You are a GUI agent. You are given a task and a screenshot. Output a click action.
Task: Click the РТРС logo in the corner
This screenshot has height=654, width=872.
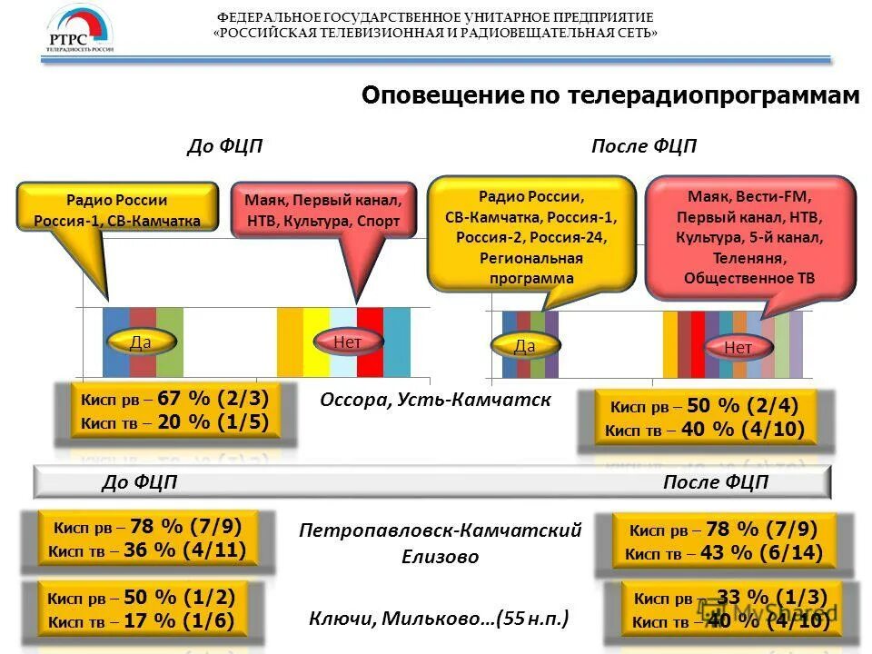pyautogui.click(x=80, y=32)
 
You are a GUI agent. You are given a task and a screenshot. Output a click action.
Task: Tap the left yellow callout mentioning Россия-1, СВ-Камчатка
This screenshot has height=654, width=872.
pyautogui.click(x=117, y=210)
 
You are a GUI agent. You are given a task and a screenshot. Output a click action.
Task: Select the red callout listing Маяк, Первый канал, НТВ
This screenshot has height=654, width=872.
pyautogui.click(x=322, y=210)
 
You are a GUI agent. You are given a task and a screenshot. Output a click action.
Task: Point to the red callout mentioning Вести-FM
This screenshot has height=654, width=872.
pyautogui.click(x=750, y=236)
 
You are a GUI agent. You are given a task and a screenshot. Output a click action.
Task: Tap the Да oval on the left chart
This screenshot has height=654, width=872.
pyautogui.click(x=140, y=342)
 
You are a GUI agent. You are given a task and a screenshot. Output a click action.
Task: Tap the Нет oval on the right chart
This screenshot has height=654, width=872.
pyautogui.click(x=738, y=347)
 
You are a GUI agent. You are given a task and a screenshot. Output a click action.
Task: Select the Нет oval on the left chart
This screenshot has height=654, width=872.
pyautogui.click(x=347, y=342)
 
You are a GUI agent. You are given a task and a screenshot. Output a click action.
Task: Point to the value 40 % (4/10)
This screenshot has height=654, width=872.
pyautogui.click(x=742, y=430)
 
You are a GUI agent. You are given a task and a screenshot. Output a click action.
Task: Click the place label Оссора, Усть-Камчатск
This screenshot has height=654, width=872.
pyautogui.click(x=435, y=401)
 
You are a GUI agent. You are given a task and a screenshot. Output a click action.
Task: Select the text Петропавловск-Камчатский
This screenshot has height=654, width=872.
pyautogui.click(x=440, y=530)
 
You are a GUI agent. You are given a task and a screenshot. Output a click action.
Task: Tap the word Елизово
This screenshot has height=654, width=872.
pyautogui.click(x=440, y=557)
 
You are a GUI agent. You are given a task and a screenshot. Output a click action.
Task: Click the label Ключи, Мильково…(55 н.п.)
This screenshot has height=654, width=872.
pyautogui.click(x=440, y=619)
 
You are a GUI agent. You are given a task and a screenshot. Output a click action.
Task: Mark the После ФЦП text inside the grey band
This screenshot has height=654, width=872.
pyautogui.click(x=715, y=482)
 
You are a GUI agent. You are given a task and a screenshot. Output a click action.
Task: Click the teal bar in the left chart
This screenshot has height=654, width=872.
pyautogui.click(x=397, y=342)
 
